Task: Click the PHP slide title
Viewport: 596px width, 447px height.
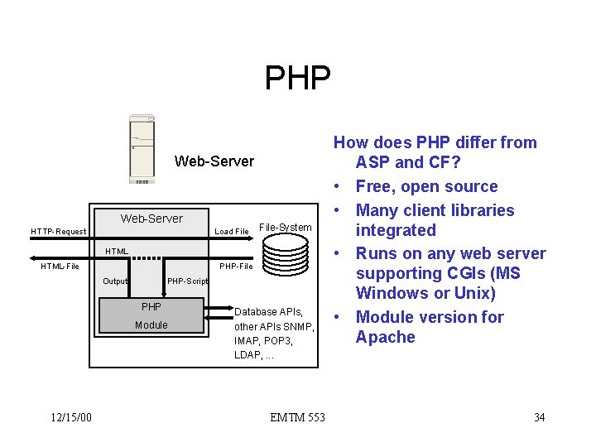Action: coord(298,78)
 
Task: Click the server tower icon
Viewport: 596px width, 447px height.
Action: coord(142,149)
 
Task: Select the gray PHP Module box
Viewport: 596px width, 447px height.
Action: coord(151,315)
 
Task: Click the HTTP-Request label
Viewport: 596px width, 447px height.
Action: coord(58,231)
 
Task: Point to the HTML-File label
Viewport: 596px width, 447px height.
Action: coord(60,266)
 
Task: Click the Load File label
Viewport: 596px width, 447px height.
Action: coord(232,231)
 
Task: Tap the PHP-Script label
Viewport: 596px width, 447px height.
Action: coord(187,281)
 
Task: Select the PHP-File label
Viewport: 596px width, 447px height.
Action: coord(236,266)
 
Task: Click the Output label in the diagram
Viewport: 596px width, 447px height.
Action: coord(115,281)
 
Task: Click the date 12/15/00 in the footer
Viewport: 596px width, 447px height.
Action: coord(70,417)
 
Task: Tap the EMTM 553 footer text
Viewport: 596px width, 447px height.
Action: coord(297,417)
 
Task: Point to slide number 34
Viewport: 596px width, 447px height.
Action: coord(539,417)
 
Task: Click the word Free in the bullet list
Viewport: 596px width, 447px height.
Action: coord(373,187)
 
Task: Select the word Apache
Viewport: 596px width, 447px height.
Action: coord(385,337)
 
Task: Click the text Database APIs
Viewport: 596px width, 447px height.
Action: coord(269,312)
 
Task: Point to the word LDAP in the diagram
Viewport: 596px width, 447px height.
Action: coord(247,355)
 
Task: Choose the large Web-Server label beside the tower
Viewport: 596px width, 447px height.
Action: coord(214,161)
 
